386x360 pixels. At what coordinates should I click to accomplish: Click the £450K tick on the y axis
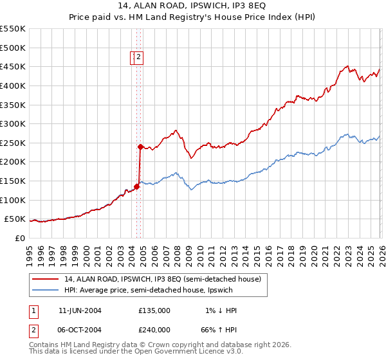point(13,66)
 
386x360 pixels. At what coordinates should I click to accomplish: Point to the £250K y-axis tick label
point(13,143)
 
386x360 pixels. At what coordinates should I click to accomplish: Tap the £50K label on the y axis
point(15,219)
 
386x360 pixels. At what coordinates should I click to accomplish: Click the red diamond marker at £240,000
point(140,147)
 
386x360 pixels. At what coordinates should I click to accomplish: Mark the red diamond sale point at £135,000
point(136,186)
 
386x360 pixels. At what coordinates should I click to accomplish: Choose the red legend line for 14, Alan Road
point(45,279)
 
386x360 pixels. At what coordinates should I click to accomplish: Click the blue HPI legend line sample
point(45,290)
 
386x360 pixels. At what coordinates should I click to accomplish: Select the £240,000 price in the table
point(154,329)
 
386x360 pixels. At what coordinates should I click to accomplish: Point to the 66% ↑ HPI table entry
point(221,329)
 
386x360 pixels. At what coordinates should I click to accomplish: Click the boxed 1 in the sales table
point(33,310)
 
